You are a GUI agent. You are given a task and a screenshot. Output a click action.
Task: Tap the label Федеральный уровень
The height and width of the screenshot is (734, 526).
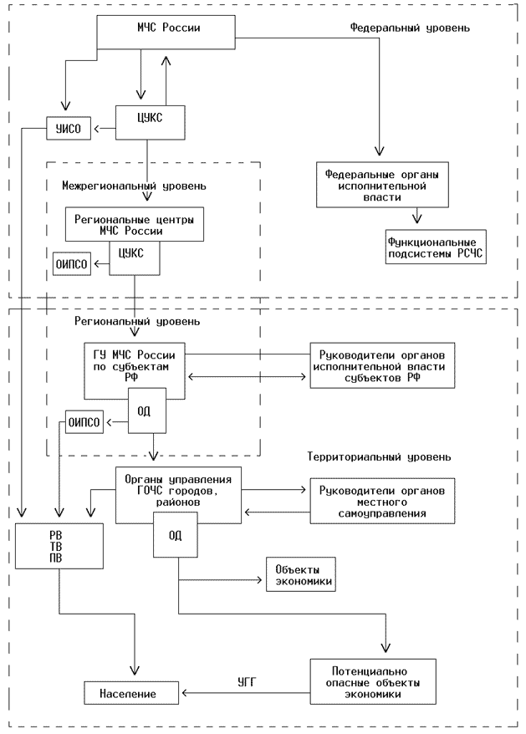tap(410, 28)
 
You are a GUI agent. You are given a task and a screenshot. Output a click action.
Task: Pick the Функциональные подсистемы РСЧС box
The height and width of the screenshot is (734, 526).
tap(435, 248)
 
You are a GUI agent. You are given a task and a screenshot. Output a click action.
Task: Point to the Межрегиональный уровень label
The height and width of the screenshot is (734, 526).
tap(134, 185)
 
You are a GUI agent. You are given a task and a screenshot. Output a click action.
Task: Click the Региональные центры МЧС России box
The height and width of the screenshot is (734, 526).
tap(134, 224)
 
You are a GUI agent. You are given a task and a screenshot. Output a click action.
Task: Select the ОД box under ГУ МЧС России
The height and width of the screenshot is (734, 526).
tap(146, 413)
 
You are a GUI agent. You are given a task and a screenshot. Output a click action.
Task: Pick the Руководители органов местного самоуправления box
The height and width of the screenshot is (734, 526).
tap(383, 501)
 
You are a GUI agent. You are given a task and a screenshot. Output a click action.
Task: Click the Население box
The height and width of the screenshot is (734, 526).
tap(131, 693)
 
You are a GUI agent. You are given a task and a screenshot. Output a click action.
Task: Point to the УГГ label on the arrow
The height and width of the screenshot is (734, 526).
tap(246, 683)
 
